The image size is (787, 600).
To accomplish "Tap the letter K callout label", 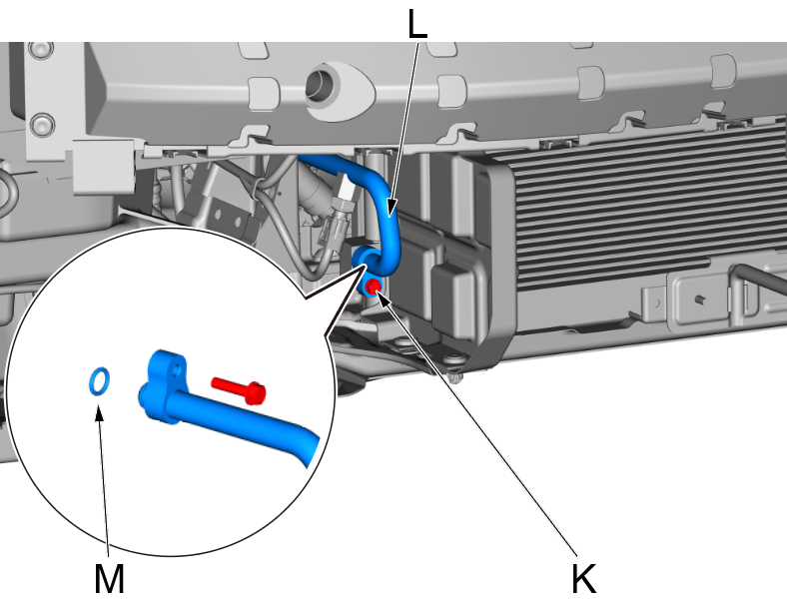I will tap(585, 577).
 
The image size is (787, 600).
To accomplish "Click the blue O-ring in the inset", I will tap(98, 380).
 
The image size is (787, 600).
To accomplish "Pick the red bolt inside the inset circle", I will tap(239, 388).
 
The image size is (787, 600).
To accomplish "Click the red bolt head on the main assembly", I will tap(373, 288).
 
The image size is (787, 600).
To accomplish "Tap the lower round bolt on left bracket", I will tap(39, 125).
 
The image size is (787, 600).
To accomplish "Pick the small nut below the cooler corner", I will tap(454, 377).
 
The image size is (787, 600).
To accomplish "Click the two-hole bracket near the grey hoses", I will tap(226, 209).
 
